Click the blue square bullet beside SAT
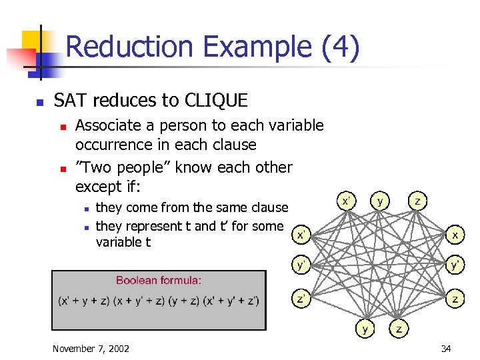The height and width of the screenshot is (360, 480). (x=40, y=102)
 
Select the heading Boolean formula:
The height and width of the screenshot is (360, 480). (x=159, y=281)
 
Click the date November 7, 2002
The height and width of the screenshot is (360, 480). (x=91, y=349)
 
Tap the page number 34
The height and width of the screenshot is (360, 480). (x=446, y=349)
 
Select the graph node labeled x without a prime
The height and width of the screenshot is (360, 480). (x=455, y=235)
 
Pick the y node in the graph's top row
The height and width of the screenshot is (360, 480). (x=381, y=200)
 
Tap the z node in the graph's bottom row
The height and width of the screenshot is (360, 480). (x=399, y=329)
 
